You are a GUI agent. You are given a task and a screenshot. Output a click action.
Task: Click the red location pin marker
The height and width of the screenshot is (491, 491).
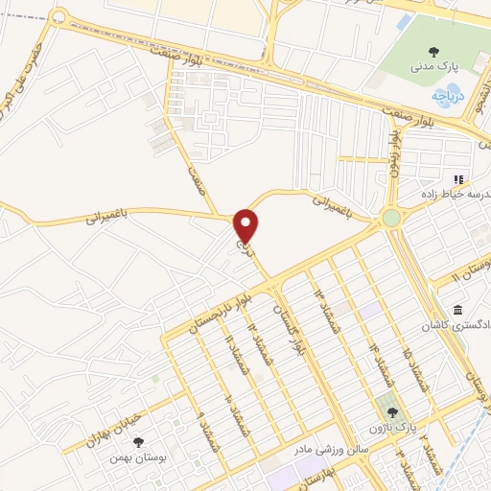(x=246, y=225)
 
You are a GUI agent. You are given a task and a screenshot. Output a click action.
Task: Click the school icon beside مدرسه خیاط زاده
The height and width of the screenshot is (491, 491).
(x=458, y=179)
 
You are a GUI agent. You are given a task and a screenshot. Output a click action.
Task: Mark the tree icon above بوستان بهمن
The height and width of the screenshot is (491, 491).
(x=139, y=441)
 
